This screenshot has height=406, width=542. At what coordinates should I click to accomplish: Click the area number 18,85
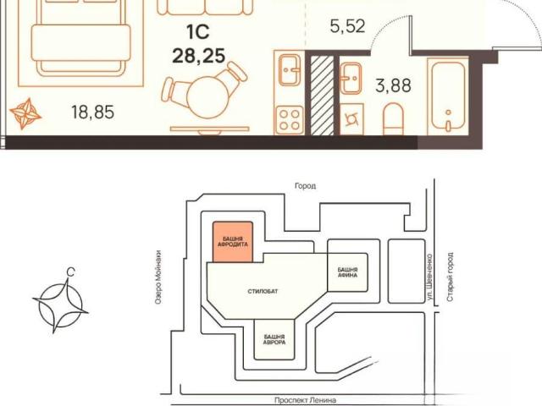[x=92, y=112]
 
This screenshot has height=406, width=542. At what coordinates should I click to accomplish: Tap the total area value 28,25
[x=198, y=55]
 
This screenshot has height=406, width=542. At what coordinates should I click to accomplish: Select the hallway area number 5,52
[x=347, y=26]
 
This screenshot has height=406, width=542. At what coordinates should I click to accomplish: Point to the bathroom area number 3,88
[x=393, y=85]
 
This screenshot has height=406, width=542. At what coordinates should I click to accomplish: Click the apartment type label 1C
[x=198, y=32]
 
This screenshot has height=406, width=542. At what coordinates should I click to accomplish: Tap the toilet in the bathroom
[x=393, y=119]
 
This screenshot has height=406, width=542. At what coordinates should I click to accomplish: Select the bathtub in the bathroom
[x=448, y=96]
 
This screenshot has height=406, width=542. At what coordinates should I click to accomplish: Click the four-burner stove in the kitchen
[x=290, y=119]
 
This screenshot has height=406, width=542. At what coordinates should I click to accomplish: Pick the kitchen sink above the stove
[x=290, y=70]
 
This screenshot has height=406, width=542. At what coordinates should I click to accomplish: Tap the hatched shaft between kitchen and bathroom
[x=322, y=95]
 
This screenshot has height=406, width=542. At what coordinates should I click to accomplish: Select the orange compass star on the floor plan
[x=25, y=113]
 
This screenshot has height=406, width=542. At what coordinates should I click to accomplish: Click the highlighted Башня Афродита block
[x=233, y=242]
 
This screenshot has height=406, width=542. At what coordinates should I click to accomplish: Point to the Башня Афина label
[x=347, y=272]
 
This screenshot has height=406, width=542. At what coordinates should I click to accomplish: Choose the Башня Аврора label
[x=274, y=339]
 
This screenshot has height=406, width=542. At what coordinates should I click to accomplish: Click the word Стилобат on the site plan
[x=263, y=291]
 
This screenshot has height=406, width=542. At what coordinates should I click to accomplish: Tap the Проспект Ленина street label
[x=305, y=400]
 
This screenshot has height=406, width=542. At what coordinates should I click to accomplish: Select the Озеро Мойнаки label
[x=158, y=277]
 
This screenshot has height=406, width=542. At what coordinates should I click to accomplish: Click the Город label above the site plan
[x=305, y=186]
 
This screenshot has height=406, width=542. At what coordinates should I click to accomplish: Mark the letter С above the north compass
[x=70, y=272]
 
